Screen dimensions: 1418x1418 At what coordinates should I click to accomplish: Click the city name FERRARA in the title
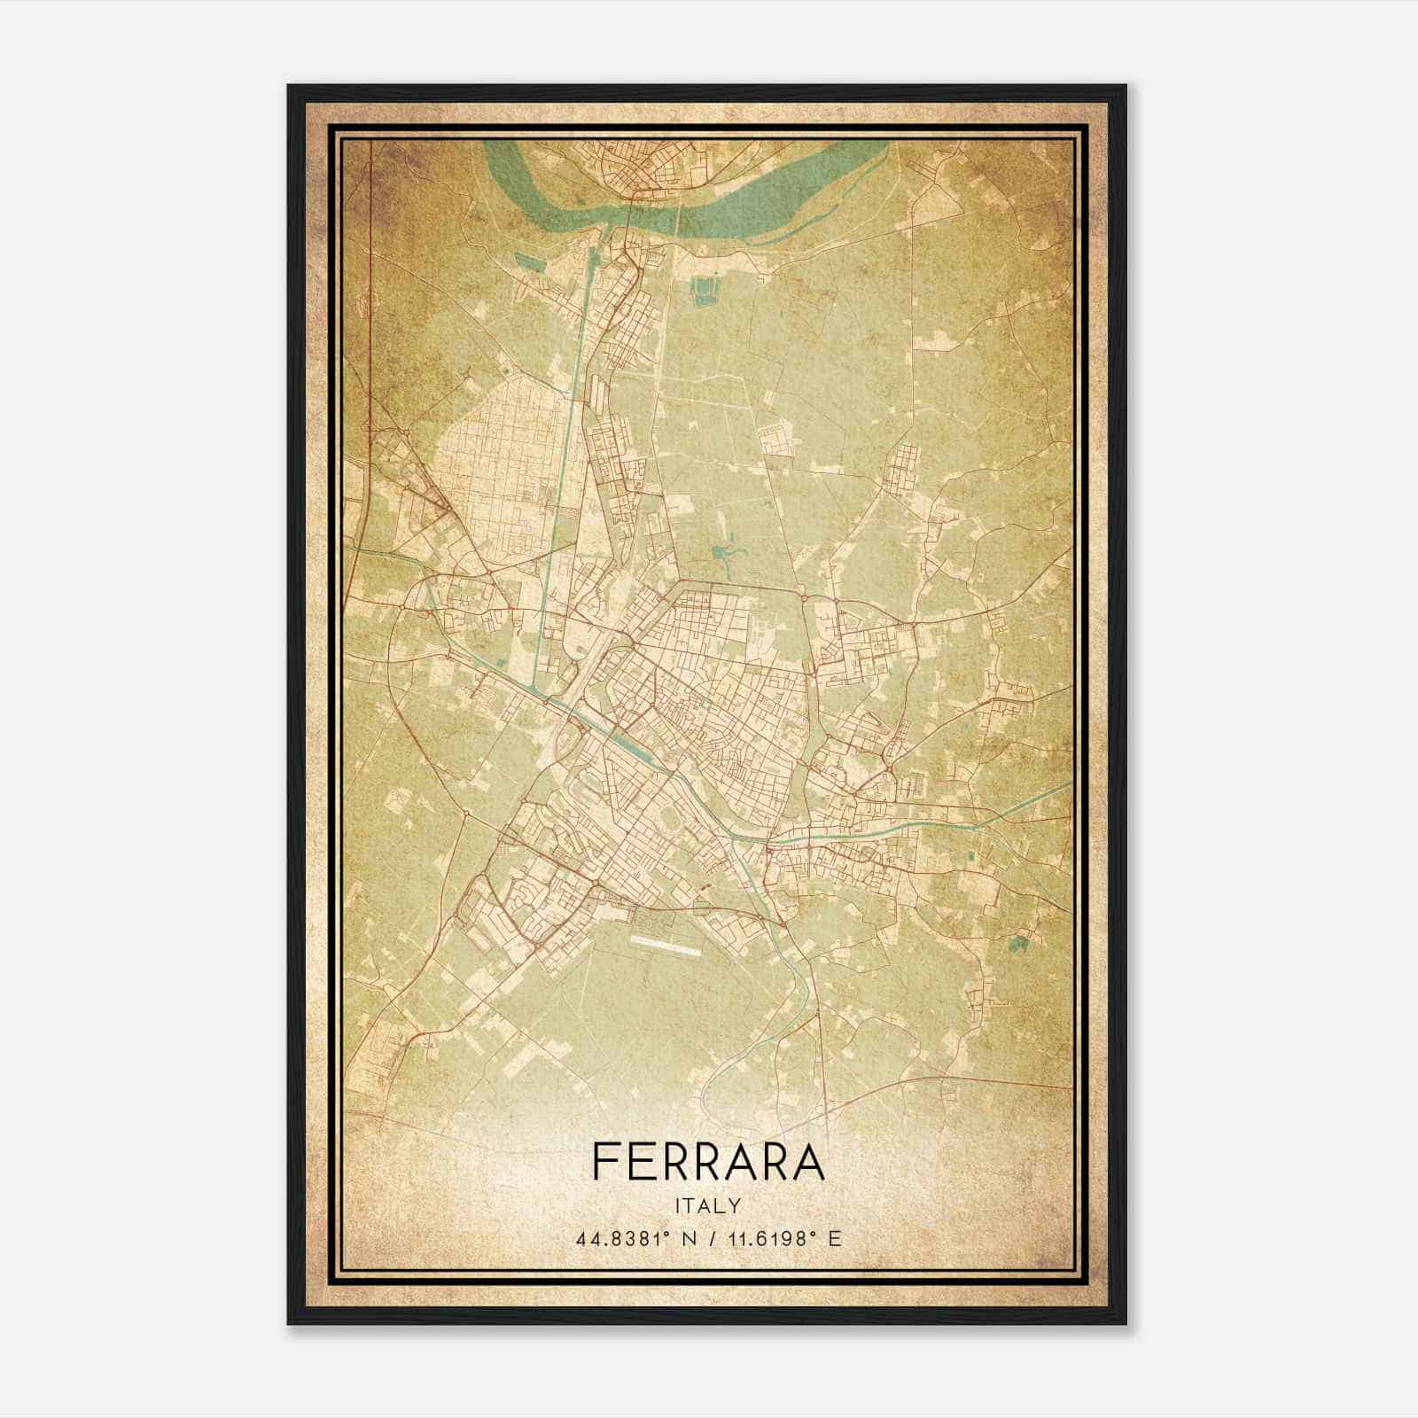tap(708, 1161)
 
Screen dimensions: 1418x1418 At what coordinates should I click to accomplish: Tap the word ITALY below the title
tap(708, 1206)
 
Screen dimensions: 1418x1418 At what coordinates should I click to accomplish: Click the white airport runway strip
tap(667, 946)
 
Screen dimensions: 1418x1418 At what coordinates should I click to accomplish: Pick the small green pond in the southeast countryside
tap(1019, 943)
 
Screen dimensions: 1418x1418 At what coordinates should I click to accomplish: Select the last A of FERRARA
tap(807, 1161)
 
